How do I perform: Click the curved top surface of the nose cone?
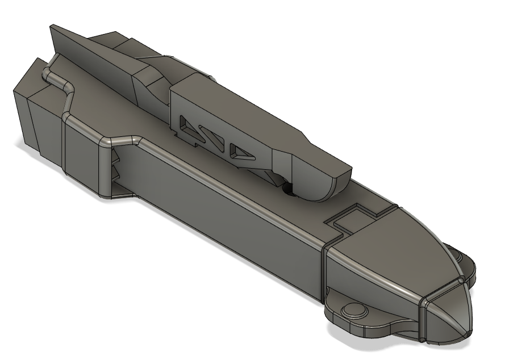398,244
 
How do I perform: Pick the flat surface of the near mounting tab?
375,324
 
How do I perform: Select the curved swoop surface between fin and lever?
151,85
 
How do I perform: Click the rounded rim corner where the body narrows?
106,141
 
